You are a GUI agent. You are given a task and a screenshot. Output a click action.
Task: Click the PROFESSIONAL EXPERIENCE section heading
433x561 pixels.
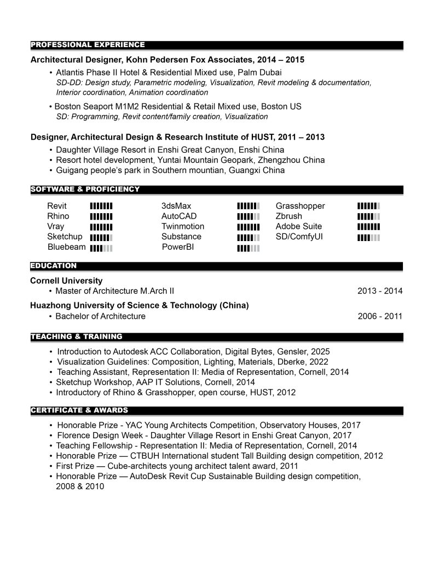88,45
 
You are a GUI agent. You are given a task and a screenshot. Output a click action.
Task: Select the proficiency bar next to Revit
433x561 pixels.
101,206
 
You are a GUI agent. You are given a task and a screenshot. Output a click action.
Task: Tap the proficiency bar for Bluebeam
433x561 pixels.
101,248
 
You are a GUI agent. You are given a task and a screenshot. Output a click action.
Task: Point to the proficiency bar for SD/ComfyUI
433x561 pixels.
368,237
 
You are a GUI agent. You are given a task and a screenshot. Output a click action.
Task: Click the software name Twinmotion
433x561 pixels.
183,226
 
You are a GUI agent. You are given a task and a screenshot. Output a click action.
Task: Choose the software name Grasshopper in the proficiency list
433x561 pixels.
300,206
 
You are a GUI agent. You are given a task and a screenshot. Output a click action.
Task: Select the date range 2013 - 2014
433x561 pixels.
380,291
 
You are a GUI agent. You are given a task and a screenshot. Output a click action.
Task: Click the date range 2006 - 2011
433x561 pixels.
380,316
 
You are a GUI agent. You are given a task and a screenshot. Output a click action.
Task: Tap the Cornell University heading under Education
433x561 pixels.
66,280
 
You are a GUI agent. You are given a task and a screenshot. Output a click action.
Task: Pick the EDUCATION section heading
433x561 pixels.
54,266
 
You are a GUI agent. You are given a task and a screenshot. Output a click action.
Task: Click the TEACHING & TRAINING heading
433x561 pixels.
77,336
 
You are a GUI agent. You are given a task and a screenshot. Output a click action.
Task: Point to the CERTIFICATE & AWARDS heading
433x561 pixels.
79,410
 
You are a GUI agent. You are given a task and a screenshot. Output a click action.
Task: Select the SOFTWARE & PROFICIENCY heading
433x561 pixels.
85,190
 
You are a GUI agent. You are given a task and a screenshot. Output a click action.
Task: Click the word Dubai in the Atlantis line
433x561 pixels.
271,72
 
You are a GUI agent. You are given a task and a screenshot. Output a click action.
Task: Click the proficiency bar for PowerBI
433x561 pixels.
248,248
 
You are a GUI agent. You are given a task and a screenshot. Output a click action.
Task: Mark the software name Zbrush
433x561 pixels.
288,216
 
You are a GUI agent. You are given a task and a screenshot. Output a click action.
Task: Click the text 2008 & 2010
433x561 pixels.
80,486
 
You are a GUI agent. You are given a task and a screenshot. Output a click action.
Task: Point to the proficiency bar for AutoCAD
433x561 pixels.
248,216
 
